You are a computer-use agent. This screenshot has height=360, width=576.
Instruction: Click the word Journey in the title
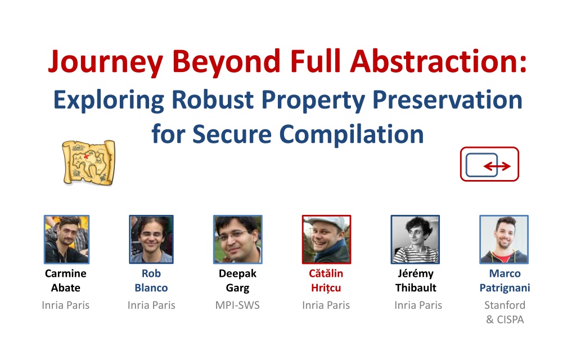coord(105,62)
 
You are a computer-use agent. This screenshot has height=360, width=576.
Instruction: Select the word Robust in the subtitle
coord(213,100)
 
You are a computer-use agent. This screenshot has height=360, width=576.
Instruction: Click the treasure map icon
coord(88,162)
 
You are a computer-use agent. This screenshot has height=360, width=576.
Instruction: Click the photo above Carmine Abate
coord(66,240)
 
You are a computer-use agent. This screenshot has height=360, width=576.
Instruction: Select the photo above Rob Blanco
coord(151,240)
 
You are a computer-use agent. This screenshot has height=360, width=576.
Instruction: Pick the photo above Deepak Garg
coord(238,240)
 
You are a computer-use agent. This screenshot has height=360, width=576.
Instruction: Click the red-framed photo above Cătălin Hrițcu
coord(327,240)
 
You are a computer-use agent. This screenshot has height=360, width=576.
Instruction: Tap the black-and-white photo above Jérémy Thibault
coord(415,240)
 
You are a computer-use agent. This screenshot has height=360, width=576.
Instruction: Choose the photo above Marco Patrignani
coord(504,240)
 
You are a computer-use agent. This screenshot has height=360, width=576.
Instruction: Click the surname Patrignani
coord(505,288)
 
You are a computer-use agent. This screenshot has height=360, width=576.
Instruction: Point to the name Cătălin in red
coord(326,273)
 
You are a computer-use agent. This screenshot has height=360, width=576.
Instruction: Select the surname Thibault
coord(416,287)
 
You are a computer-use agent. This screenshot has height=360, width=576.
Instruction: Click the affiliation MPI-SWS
coord(237,305)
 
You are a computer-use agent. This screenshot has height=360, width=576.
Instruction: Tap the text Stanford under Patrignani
coord(505,305)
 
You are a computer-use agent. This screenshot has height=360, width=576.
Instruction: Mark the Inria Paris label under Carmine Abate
coord(66,305)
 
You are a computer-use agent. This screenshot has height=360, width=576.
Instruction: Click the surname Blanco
coord(151,287)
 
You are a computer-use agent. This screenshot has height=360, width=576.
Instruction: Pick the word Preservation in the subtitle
coord(447,100)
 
